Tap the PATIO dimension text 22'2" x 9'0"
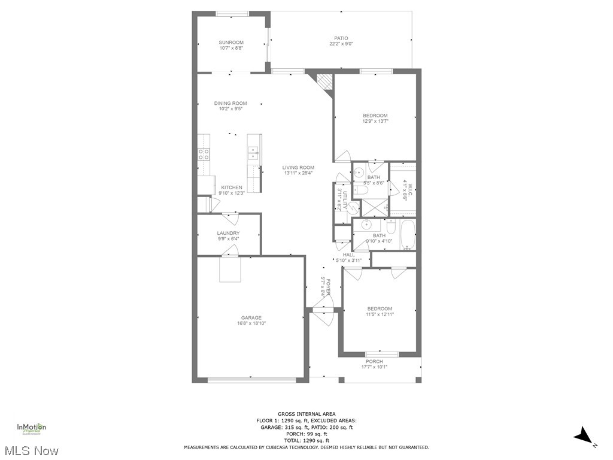pos(341,44)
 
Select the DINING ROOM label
pos(230,103)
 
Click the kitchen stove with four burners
pos(204,155)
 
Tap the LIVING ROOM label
pos(299,168)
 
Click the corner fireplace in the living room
pos(324,81)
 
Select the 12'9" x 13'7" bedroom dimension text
pos(375,121)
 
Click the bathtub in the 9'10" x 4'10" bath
pos(408,235)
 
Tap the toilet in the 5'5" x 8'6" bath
pos(361,190)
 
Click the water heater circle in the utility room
pos(353,208)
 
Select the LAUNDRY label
pos(228,233)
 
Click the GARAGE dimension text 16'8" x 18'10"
pos(251,323)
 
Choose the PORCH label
pos(374,361)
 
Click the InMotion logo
pos(31,428)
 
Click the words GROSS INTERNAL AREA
pos(306,414)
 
